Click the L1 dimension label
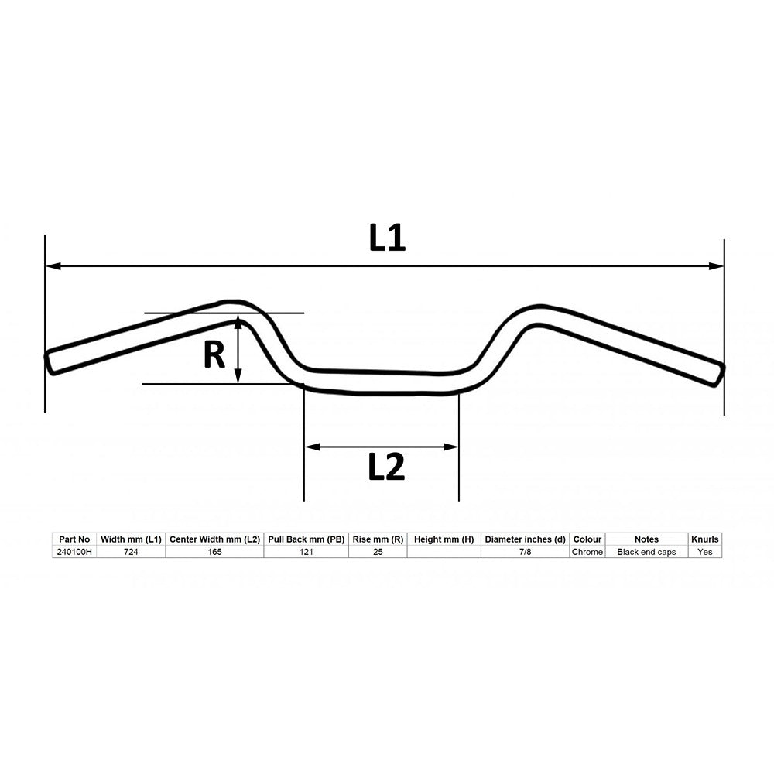(387, 238)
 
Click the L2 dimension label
(386, 467)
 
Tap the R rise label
(214, 355)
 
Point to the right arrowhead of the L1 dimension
(717, 266)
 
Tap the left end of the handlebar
(50, 362)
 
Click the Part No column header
(74, 539)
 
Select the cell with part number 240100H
(74, 552)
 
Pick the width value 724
(131, 552)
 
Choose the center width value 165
(214, 552)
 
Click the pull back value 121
(306, 552)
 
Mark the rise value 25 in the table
(377, 552)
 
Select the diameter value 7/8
(525, 552)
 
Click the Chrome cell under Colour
(587, 552)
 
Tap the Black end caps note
(646, 552)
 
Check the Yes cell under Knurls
(704, 552)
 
